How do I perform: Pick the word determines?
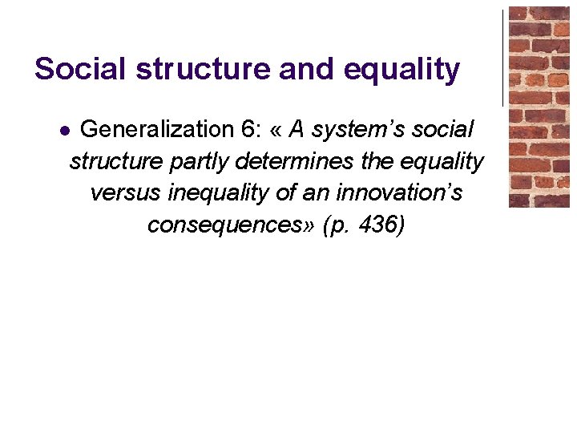click(x=297, y=161)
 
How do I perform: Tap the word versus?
click(x=124, y=193)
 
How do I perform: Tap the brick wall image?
click(x=539, y=107)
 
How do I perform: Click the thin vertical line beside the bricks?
click(x=503, y=56)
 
